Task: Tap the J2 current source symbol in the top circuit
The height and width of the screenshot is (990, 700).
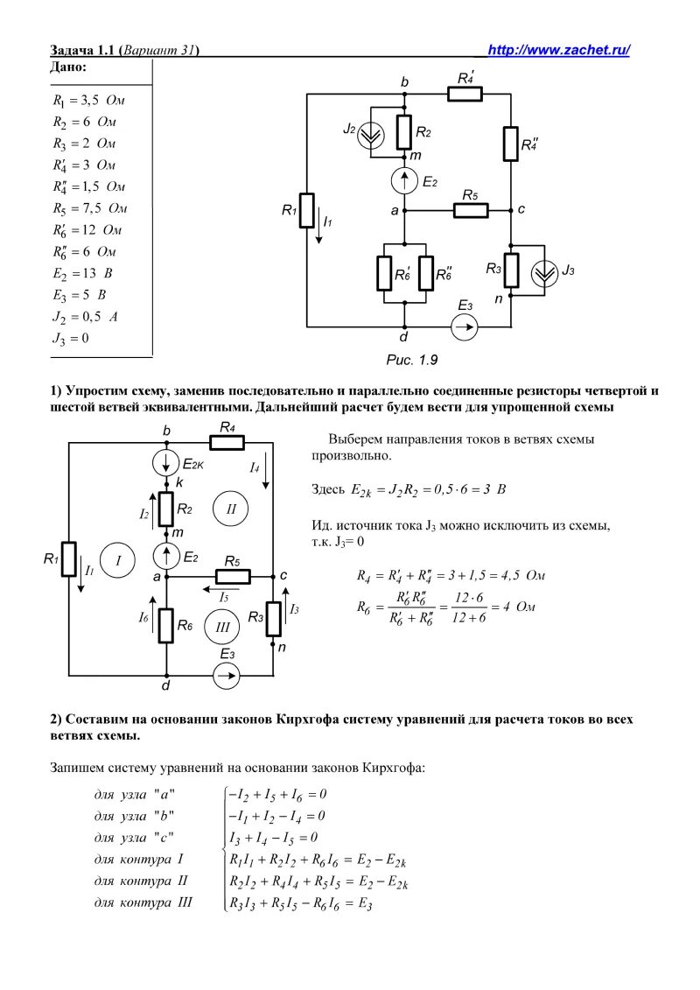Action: tap(372, 132)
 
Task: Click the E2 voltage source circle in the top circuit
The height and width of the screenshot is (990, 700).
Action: tap(404, 181)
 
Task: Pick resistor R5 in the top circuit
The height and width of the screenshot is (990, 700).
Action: tap(469, 210)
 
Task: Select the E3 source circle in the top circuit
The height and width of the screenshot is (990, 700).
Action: tap(465, 326)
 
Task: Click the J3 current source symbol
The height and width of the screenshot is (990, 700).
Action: tap(544, 271)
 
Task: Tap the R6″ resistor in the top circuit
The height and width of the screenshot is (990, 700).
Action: tap(427, 273)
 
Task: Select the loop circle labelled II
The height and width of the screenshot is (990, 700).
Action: tap(231, 508)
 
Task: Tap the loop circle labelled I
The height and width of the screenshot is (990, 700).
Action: tap(115, 560)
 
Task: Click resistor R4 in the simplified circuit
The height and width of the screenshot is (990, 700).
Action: tap(227, 443)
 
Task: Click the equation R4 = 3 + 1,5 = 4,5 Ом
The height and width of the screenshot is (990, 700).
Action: tap(451, 575)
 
